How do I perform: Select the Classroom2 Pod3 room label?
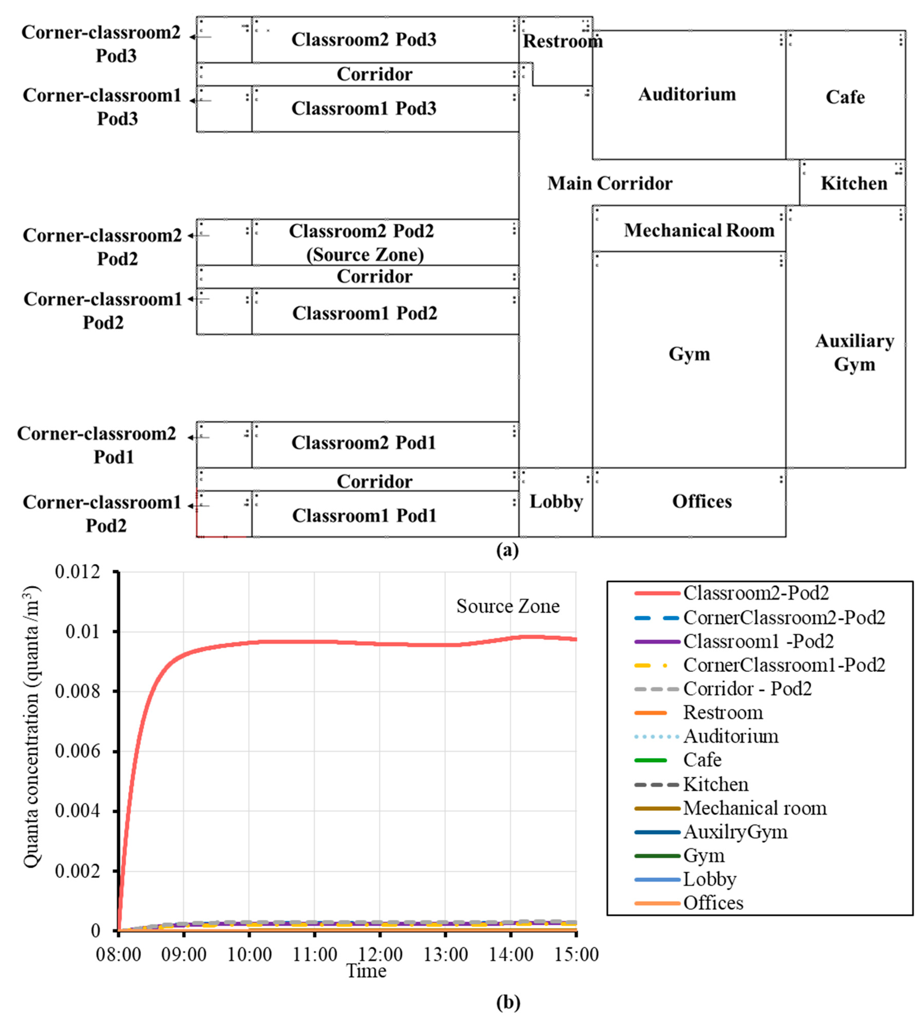pos(364,39)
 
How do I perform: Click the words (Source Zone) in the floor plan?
pos(365,254)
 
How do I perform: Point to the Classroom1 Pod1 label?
pos(364,516)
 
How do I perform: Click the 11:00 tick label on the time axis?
pos(314,954)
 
